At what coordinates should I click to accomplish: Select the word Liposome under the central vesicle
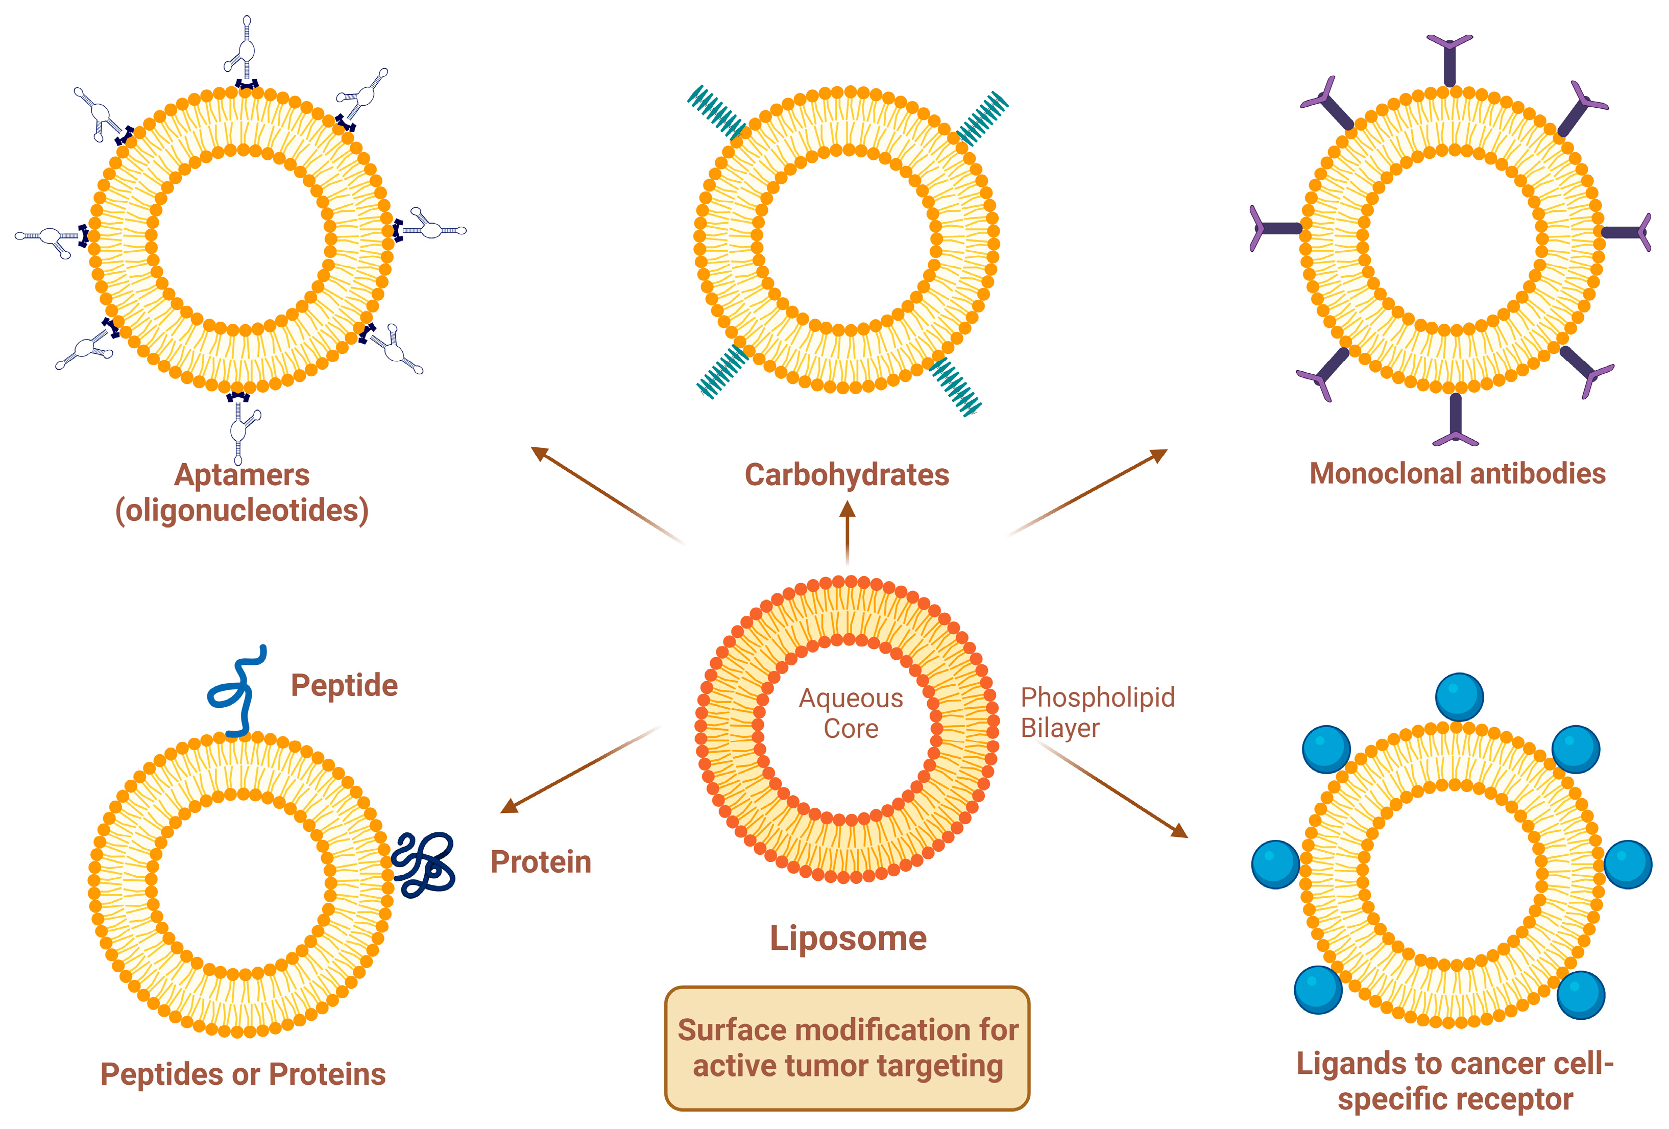(x=848, y=938)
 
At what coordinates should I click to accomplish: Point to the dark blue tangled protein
(x=424, y=864)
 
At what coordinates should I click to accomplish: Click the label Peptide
(x=344, y=685)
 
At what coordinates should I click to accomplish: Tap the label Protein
(x=540, y=862)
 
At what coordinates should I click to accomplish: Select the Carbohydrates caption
(x=846, y=475)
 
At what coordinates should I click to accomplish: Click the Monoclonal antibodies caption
(x=1457, y=473)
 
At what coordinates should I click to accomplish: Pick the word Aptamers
(x=242, y=475)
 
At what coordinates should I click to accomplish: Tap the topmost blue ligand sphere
(x=1459, y=696)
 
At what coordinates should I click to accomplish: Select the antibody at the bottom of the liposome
(x=1455, y=421)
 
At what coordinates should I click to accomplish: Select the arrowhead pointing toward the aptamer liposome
(x=540, y=454)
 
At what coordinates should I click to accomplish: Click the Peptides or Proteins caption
(x=243, y=1074)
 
